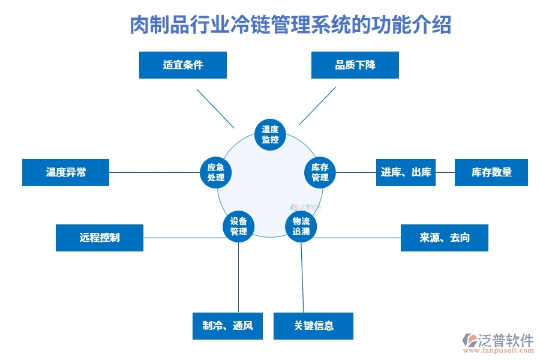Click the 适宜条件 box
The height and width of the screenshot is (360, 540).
coord(183,65)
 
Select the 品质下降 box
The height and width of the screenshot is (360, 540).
coord(355,65)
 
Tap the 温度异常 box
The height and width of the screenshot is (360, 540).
coord(66,172)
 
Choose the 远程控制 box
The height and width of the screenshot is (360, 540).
coord(100,238)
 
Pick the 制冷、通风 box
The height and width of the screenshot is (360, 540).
coord(228,326)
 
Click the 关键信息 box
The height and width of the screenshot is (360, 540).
coord(314,326)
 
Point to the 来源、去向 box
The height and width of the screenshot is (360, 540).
coord(445,238)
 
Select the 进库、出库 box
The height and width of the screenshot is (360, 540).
coord(406,172)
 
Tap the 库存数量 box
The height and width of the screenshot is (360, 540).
coord(491,172)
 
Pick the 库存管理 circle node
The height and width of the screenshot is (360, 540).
coord(320,172)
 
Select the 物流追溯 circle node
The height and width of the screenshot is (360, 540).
coord(301,226)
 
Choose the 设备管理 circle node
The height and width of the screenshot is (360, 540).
coord(239,226)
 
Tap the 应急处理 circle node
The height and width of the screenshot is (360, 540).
coord(215,172)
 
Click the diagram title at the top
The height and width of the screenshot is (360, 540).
coord(290,26)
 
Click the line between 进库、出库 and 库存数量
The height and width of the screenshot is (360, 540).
coord(445,172)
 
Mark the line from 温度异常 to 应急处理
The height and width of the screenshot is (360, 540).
coord(154,173)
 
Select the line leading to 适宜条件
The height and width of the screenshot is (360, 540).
coord(215,108)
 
